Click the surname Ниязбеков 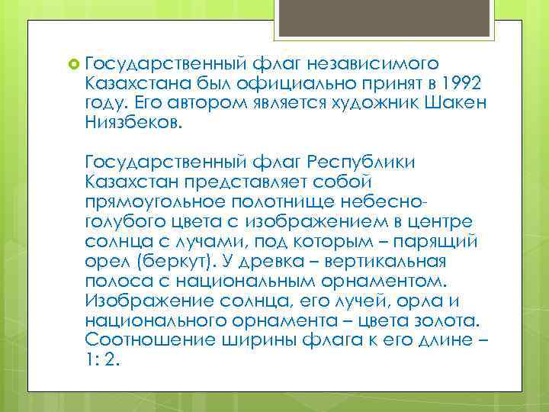point(134,122)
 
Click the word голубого point(130,221)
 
